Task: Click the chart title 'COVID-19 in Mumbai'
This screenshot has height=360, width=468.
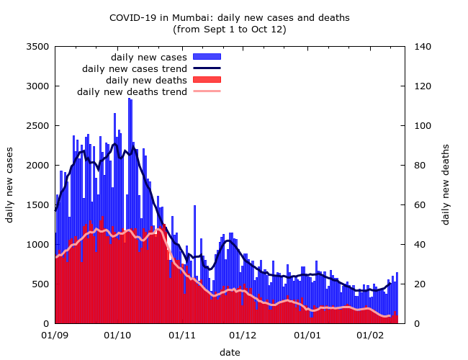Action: click(229, 17)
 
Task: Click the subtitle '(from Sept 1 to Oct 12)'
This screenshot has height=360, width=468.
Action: click(229, 30)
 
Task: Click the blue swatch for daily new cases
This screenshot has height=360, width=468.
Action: click(207, 57)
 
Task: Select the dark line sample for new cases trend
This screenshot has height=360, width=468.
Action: click(207, 68)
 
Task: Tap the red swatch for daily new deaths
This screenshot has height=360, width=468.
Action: click(207, 80)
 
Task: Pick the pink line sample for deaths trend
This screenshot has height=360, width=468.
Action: click(207, 91)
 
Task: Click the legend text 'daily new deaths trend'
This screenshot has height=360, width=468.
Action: click(132, 91)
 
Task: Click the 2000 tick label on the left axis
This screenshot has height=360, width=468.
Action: click(37, 166)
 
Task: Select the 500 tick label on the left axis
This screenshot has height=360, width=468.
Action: click(40, 284)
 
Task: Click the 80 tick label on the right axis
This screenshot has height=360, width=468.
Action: click(418, 166)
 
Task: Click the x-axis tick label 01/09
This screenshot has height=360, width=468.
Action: click(55, 336)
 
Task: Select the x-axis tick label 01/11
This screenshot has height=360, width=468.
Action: click(182, 336)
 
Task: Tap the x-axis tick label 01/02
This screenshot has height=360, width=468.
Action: click(372, 336)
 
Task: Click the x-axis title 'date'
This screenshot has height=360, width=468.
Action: click(230, 352)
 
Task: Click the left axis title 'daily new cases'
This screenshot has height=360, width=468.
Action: click(10, 185)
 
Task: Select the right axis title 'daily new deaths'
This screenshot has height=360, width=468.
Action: click(446, 185)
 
